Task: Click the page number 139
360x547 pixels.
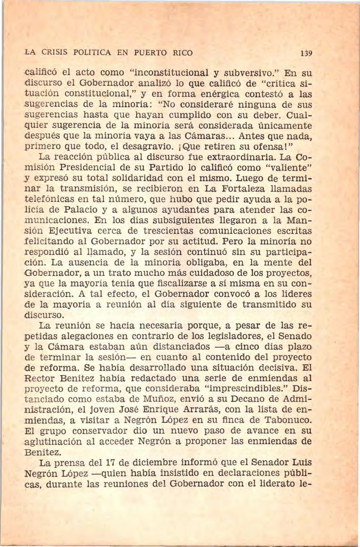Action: click(305, 55)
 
